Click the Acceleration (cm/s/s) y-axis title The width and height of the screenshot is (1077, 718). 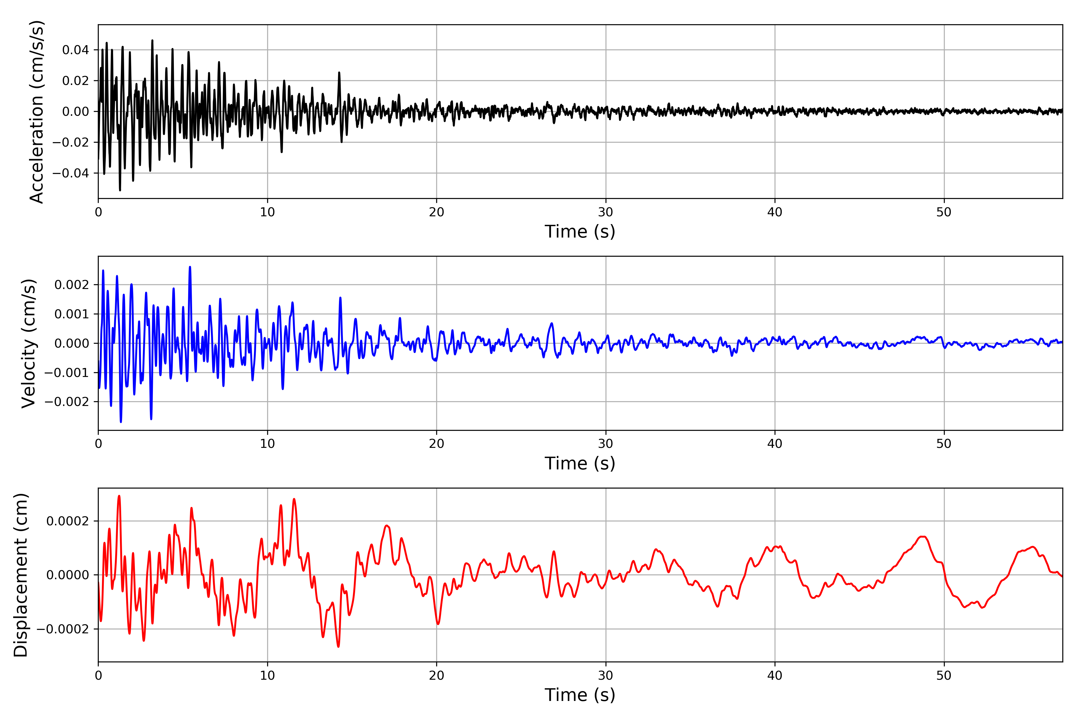pos(36,112)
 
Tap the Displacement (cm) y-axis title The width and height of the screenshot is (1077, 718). pos(21,575)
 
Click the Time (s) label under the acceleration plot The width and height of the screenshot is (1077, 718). pos(580,232)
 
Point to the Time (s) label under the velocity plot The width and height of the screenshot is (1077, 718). pos(580,463)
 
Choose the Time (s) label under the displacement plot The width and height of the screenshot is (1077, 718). pos(580,695)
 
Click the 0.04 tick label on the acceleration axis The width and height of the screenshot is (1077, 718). pos(76,50)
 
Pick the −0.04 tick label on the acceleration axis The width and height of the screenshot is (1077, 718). pos(71,173)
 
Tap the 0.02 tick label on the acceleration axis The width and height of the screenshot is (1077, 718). pos(76,80)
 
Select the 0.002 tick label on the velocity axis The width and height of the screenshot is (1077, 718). pos(72,285)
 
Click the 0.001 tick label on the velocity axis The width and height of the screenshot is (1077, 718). pos(72,314)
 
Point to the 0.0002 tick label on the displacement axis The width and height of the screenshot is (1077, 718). pos(68,521)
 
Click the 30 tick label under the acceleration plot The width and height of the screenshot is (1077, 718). pos(605,212)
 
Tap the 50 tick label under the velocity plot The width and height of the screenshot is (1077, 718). pos(944,444)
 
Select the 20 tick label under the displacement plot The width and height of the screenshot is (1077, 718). pos(436,676)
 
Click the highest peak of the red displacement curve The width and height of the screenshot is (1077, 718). pos(119,496)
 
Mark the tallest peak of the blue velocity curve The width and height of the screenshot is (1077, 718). pos(190,267)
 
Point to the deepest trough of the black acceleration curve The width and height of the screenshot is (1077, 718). pos(120,190)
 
